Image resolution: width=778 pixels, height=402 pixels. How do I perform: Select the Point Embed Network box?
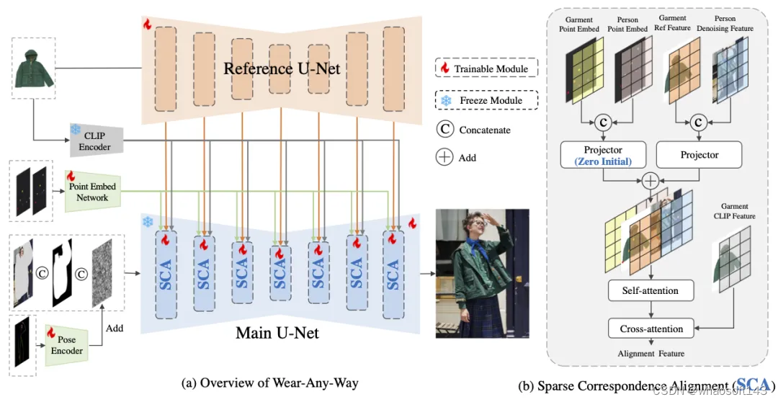coord(92,192)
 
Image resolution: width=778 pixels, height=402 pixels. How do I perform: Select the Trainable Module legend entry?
coord(486,69)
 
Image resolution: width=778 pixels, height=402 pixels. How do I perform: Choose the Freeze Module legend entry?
coord(486,100)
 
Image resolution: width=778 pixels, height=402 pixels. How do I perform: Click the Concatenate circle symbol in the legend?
coord(445,130)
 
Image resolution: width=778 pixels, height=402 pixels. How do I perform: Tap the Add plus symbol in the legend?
coord(445,158)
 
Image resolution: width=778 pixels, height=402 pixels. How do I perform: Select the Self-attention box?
coord(650,291)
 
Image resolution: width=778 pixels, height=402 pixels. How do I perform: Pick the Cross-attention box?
coord(650,329)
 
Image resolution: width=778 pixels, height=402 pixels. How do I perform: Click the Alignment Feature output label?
coord(650,354)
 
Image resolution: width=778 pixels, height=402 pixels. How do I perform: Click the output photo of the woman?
coord(482,273)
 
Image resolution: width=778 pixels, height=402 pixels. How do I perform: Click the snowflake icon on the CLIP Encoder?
coord(75,130)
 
